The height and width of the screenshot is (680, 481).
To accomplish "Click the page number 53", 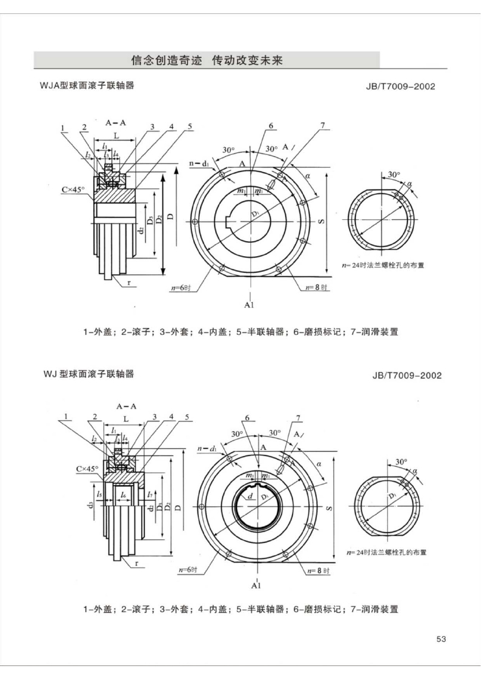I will click(x=441, y=639).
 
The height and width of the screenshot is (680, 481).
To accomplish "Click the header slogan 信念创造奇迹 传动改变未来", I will click(x=207, y=61).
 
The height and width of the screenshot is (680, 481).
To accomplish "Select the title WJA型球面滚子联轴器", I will click(x=87, y=86).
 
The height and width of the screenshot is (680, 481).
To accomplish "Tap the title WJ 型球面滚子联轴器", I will click(x=88, y=374).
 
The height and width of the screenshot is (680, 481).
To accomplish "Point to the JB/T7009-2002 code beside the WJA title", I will click(x=400, y=87).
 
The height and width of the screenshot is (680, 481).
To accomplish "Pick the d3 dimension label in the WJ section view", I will click(x=90, y=504).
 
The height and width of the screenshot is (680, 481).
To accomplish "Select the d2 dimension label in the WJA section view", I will click(x=140, y=230).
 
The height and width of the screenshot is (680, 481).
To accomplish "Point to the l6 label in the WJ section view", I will click(x=123, y=495).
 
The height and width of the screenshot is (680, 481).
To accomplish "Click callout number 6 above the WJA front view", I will click(x=271, y=126).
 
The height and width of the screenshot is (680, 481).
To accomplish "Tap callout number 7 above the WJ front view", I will click(x=298, y=418).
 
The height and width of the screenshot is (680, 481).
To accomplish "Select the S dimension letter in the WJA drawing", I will click(x=320, y=221).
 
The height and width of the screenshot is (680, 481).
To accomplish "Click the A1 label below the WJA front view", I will click(x=249, y=305).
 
